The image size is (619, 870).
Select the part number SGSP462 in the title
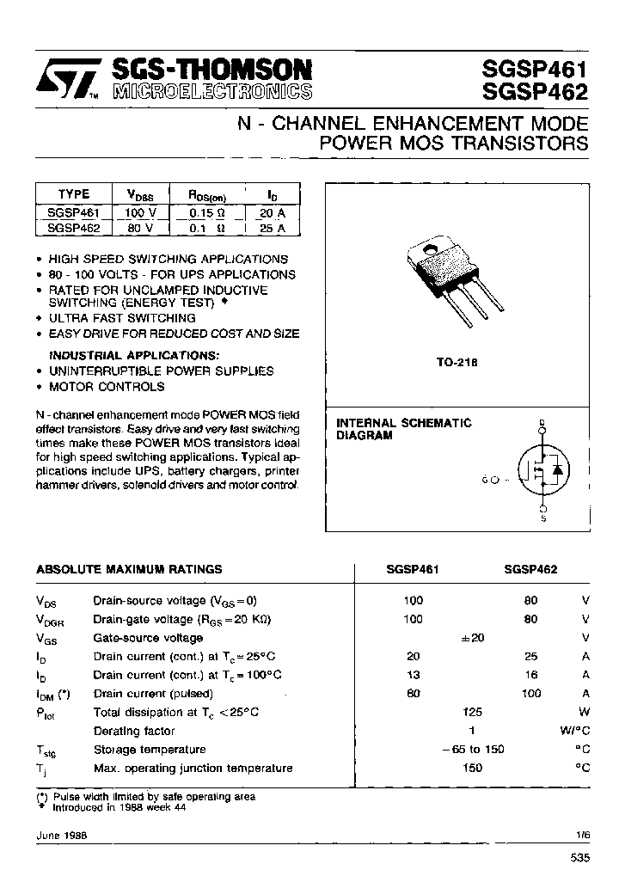pos(536,92)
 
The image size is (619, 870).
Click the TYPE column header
pos(73,194)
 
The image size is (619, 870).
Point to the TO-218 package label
pos(456,364)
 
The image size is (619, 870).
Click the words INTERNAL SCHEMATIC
pos(403,423)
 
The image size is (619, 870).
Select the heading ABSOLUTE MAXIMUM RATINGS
pos(129,569)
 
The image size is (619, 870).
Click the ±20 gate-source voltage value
pos(473,638)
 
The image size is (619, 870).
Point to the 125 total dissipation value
pos(472,712)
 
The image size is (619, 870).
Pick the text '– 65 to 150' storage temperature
pos(472,749)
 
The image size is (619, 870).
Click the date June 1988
pos(62,835)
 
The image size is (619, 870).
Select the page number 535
pos(580,856)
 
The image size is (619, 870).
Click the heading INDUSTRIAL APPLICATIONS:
pos(133,355)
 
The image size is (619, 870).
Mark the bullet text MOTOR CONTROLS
pos(106,387)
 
